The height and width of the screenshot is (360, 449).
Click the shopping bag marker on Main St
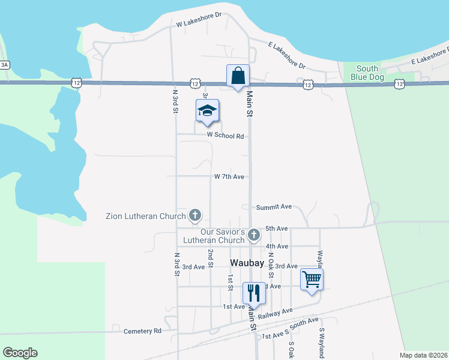click(x=238, y=76)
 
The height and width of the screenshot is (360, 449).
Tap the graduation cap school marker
click(x=207, y=111)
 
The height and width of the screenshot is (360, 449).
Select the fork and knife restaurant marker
click(x=253, y=293)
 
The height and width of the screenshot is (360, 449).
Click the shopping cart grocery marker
click(x=312, y=279)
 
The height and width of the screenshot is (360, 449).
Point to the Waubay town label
click(x=247, y=263)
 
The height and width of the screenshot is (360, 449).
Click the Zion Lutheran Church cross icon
click(x=194, y=215)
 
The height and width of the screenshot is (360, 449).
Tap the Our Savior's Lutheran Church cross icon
click(x=254, y=235)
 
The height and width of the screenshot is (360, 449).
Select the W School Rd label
click(x=225, y=136)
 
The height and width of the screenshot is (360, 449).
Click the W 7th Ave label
click(x=229, y=177)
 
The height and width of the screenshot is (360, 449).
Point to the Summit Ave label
click(x=274, y=207)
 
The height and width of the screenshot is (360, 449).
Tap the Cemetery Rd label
click(x=142, y=331)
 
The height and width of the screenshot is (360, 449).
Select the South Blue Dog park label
click(x=367, y=73)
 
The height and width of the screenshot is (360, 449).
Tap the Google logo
click(x=20, y=353)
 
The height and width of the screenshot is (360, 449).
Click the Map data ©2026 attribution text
click(x=424, y=355)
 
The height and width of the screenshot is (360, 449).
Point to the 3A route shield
click(x=5, y=65)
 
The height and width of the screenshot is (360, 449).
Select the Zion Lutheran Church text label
click(x=146, y=215)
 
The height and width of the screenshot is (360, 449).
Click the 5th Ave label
click(x=277, y=229)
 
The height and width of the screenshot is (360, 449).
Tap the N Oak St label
click(x=271, y=264)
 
